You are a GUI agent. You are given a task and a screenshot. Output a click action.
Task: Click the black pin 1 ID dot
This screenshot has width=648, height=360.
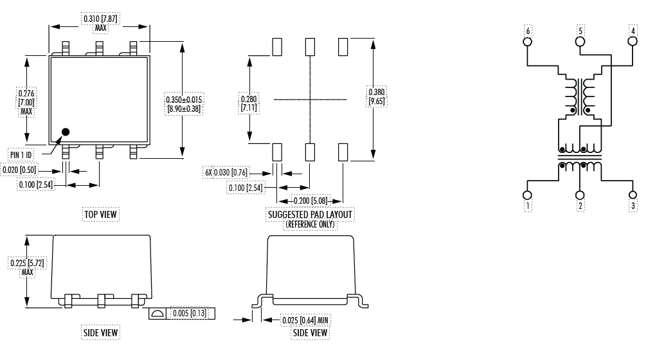tap(65, 132)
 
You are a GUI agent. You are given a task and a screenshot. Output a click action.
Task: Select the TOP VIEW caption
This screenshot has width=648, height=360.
tap(102, 213)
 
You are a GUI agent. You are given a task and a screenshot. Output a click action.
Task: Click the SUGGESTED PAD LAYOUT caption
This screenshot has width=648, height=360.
tap(310, 213)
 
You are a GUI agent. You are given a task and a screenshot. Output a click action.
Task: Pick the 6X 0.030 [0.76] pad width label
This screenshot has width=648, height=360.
tap(226, 173)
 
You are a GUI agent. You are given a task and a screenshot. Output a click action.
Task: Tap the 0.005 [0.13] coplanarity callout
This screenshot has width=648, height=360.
tap(190, 313)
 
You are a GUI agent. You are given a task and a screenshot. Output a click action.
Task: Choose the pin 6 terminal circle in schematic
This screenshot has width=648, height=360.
tap(528, 41)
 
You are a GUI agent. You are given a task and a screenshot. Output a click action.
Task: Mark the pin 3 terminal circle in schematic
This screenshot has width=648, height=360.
tap(633, 195)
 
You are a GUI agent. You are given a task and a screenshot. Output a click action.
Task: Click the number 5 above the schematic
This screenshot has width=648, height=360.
tap(580, 30)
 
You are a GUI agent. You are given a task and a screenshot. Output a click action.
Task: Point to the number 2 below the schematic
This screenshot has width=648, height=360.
tap(580, 206)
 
